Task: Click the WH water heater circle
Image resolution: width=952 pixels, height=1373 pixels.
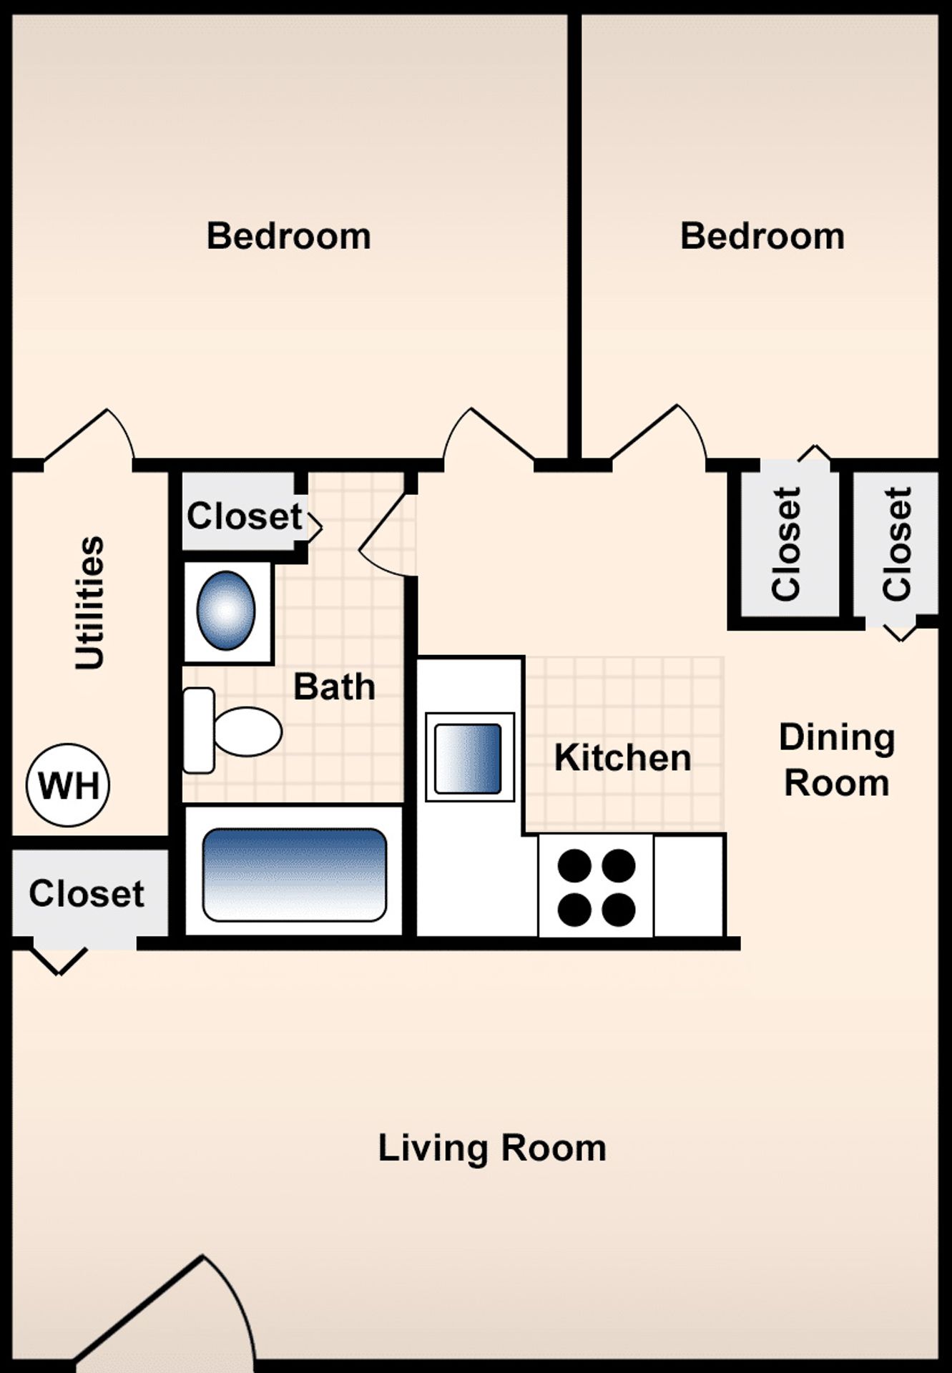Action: [x=68, y=785]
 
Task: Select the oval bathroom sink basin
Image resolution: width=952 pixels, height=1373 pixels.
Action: [x=226, y=611]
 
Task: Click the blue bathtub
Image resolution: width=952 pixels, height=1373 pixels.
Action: [x=294, y=874]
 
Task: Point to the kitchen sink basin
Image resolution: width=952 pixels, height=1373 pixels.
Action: [x=468, y=758]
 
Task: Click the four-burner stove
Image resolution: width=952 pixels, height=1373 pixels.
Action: [x=596, y=887]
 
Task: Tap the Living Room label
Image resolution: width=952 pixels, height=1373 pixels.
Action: [x=492, y=1148]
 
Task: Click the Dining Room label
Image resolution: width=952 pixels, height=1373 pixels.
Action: [x=837, y=760]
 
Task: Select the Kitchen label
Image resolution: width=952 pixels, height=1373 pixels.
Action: [x=622, y=757]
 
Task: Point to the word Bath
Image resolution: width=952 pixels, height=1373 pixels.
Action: [x=334, y=686]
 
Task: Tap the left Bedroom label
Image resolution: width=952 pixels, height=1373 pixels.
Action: [x=289, y=236]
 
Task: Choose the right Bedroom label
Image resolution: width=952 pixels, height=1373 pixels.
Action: [x=762, y=236]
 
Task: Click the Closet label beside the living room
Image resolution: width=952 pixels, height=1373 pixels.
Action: [x=87, y=893]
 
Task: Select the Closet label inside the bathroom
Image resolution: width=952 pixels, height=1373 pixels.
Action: [x=245, y=516]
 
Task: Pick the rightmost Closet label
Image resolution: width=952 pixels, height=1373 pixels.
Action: [x=897, y=544]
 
